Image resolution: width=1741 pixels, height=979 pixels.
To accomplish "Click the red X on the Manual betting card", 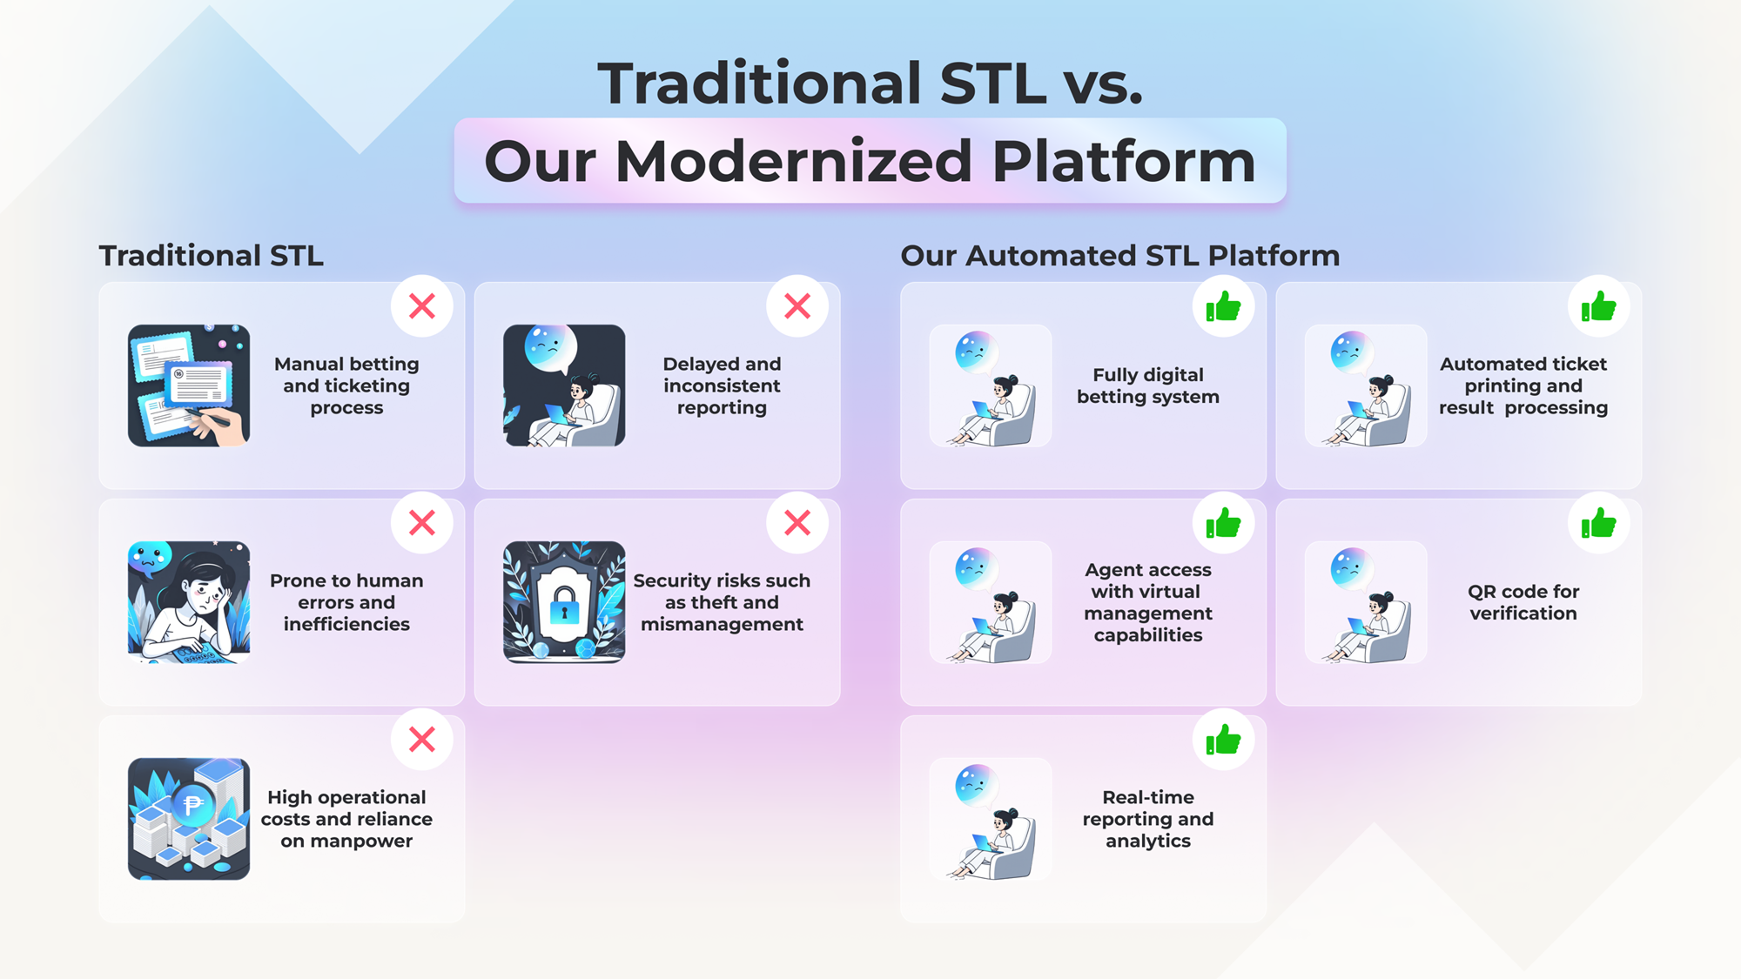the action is point(422,306).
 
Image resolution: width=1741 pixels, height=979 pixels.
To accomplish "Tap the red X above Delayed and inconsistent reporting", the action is point(797,306).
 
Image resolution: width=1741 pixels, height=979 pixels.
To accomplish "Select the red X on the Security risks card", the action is point(797,523).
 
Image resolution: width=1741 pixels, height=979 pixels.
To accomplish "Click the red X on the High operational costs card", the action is point(422,740).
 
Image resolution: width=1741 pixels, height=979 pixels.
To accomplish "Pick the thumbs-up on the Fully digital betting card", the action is point(1223,306).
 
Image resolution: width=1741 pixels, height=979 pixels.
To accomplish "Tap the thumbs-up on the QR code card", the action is point(1598,523).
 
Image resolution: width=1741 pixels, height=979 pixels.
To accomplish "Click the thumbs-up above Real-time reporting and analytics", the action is point(1223,740).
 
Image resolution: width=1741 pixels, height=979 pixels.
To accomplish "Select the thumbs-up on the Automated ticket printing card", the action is point(1598,306).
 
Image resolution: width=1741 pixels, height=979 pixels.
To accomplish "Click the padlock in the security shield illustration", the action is point(564,603).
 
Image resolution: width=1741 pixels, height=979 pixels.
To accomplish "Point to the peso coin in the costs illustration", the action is point(192,805).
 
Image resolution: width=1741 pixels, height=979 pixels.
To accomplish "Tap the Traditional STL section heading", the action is point(212,256).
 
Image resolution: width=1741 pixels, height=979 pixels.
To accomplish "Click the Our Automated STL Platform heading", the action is point(1120,256).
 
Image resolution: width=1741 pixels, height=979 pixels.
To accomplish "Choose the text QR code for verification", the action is point(1523,602).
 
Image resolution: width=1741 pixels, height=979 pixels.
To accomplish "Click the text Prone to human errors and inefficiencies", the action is point(346,602).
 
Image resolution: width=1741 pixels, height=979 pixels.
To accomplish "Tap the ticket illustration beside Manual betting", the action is point(189,386).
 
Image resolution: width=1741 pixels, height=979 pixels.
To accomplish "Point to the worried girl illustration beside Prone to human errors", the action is point(189,602).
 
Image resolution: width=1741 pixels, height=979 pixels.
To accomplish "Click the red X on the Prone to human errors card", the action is point(422,523).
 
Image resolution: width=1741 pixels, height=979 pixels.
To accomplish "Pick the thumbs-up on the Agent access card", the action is point(1223,523).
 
